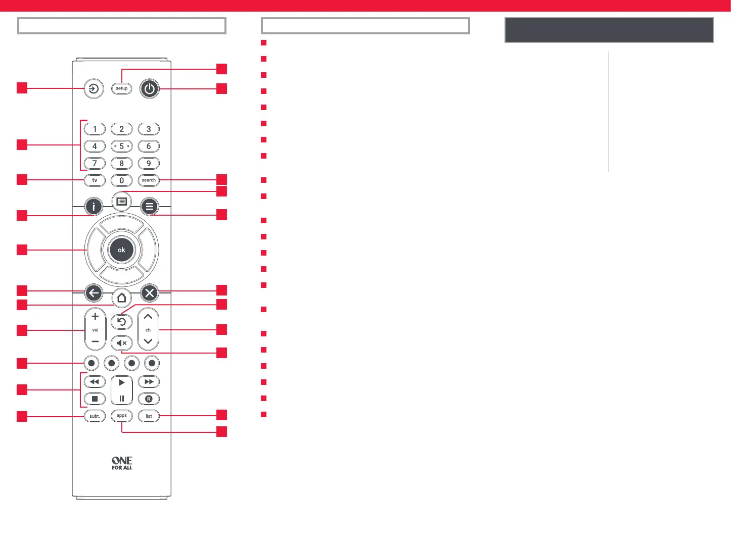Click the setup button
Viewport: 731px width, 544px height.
121,88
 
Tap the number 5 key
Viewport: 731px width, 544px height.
121,146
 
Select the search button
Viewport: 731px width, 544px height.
149,180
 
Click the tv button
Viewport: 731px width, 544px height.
95,180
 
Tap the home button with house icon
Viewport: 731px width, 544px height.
121,298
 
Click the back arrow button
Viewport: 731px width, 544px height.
94,293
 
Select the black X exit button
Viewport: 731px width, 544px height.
150,293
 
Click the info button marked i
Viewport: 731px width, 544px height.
94,207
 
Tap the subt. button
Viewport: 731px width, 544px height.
95,416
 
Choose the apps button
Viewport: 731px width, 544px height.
121,416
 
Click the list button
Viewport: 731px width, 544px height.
149,416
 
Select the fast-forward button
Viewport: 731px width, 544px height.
149,382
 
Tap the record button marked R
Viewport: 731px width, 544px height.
149,399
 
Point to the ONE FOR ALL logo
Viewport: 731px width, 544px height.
122,463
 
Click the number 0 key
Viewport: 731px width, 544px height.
121,180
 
